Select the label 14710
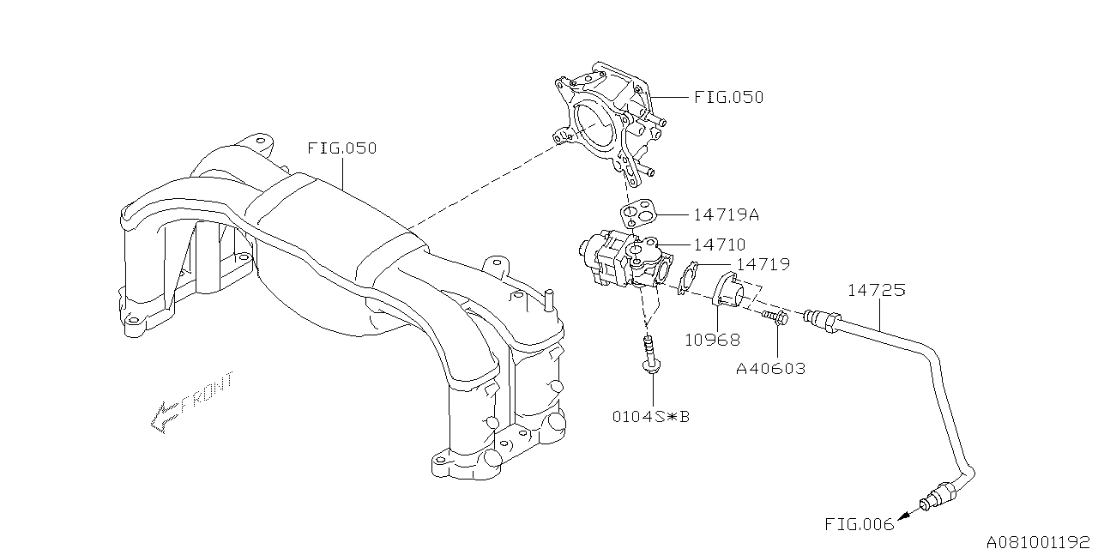[x=709, y=245]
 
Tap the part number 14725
[x=876, y=290]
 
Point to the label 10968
[x=712, y=340]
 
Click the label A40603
[x=770, y=369]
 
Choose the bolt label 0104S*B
[x=650, y=418]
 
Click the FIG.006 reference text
[x=859, y=523]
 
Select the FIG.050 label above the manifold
[x=341, y=148]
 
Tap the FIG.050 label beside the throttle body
[x=728, y=97]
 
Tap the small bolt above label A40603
[x=775, y=319]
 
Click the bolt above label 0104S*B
[x=649, y=356]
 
